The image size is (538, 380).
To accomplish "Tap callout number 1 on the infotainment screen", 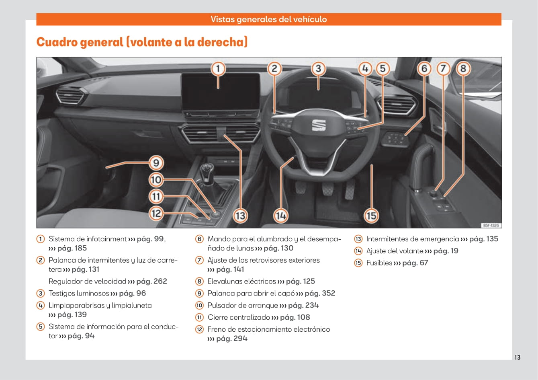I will (x=218, y=69).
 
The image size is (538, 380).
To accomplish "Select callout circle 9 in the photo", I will (x=156, y=163).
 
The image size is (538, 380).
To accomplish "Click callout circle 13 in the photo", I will (x=240, y=216).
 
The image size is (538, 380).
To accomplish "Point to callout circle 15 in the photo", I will (x=371, y=216).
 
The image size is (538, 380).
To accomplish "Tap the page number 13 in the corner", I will (x=517, y=357).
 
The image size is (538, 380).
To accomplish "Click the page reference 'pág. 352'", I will (x=320, y=293).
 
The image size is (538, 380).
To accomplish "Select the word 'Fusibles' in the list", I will (x=379, y=263).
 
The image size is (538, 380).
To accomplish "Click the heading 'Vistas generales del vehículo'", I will (x=269, y=19).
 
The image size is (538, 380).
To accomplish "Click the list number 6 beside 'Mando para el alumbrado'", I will (x=199, y=239).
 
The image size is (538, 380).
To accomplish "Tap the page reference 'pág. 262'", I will (x=151, y=281).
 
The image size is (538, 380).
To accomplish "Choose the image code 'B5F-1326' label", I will (x=491, y=226).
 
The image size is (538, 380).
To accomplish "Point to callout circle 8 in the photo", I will (x=463, y=69).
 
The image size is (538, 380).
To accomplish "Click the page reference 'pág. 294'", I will (x=232, y=339).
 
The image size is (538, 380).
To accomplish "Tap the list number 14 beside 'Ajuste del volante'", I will (x=358, y=251).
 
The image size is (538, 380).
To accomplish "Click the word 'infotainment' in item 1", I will (x=101, y=239).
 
